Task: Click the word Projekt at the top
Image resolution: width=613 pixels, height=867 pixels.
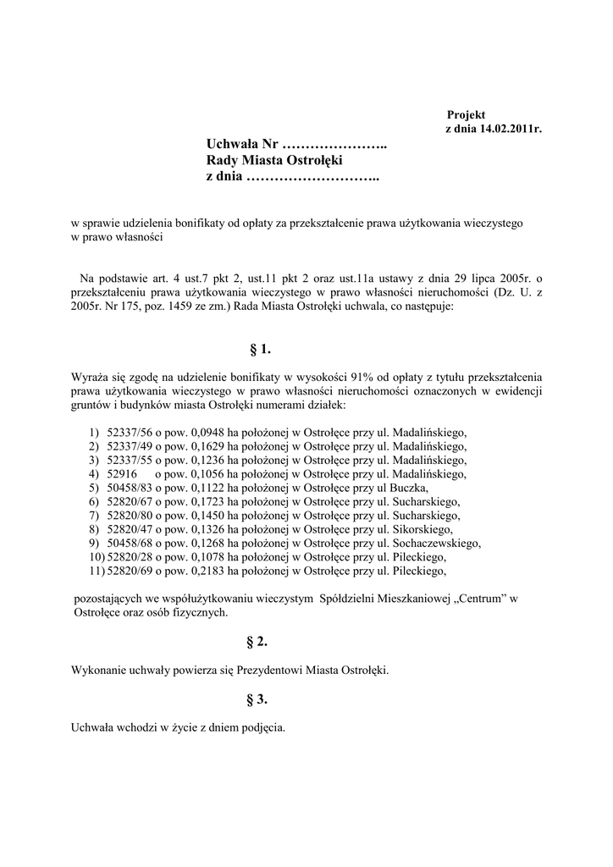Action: pyautogui.click(x=466, y=114)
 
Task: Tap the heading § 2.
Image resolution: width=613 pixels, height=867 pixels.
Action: pyautogui.click(x=257, y=643)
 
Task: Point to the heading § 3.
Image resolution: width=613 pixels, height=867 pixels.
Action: pyautogui.click(x=257, y=699)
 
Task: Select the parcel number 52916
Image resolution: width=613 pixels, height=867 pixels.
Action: pyautogui.click(x=121, y=473)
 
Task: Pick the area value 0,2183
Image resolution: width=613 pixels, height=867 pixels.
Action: pyautogui.click(x=202, y=572)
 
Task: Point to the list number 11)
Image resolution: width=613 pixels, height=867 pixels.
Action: pyautogui.click(x=96, y=572)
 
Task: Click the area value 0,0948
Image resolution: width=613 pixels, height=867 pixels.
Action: pyautogui.click(x=202, y=431)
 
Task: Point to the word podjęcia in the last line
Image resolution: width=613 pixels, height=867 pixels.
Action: pyautogui.click(x=263, y=727)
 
